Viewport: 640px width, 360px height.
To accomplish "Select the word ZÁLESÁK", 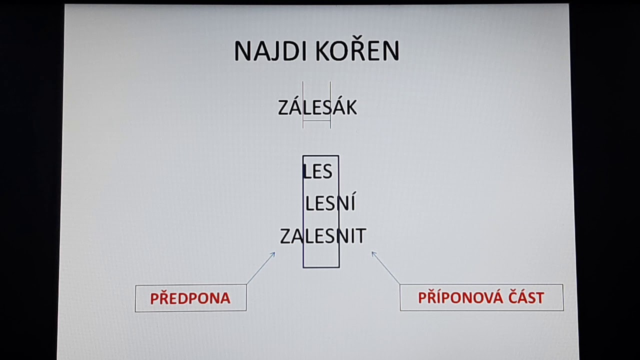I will tap(317, 107).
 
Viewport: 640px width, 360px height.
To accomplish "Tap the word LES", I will tap(317, 171).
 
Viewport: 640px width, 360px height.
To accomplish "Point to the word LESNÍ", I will tap(330, 203).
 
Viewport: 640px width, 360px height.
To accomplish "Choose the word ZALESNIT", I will tap(323, 236).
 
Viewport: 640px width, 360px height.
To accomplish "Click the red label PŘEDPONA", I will tap(190, 298).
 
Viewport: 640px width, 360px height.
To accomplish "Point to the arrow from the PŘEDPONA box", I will tap(261, 268).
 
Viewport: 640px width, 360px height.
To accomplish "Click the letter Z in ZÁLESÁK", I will tap(283, 108).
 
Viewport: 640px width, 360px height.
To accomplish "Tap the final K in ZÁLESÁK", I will tap(351, 108).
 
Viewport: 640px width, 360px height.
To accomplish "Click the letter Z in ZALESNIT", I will tap(285, 236).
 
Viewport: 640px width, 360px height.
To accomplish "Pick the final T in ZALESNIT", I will tap(360, 236).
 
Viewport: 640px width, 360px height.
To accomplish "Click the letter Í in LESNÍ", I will tap(351, 203).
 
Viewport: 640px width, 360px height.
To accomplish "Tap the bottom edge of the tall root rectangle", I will tap(321, 267).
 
